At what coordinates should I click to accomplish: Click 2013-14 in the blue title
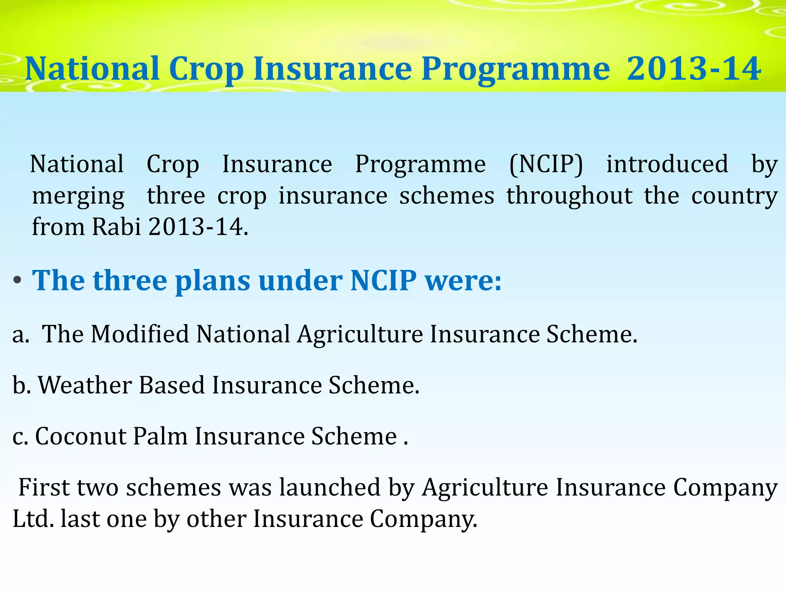(694, 69)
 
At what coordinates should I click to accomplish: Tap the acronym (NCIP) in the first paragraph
(546, 165)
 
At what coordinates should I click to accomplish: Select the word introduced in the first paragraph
(667, 164)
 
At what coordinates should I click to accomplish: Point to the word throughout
(569, 196)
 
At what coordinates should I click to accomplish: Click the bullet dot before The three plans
(17, 281)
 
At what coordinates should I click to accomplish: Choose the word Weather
(85, 385)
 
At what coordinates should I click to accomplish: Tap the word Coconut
(81, 436)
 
